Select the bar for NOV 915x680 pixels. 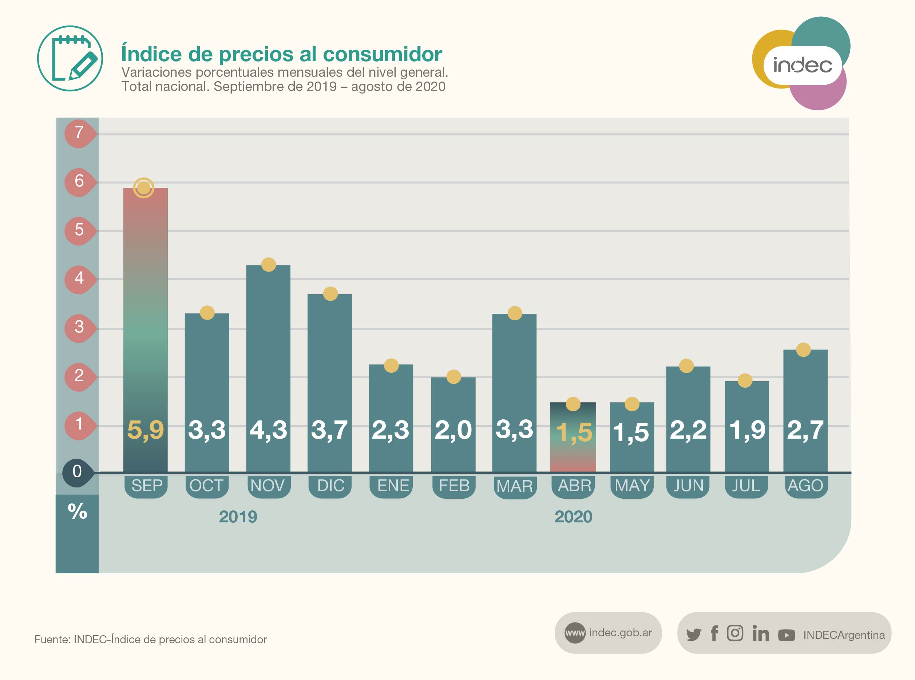point(268,350)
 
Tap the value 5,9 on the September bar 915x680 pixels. point(145,430)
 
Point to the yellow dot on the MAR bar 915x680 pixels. point(515,313)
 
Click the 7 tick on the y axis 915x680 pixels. point(79,133)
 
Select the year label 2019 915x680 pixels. point(238,517)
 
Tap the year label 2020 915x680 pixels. point(573,517)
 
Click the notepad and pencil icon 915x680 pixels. point(70,59)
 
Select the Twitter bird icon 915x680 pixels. point(693,634)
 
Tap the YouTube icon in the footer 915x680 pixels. point(786,635)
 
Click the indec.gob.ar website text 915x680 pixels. point(620,633)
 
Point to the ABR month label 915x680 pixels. point(574,486)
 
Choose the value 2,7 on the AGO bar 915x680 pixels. point(805,430)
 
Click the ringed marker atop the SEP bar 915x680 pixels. point(144,188)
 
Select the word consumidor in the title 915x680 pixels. point(383,54)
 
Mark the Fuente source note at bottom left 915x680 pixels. point(151,639)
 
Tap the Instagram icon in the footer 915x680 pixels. point(735,633)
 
